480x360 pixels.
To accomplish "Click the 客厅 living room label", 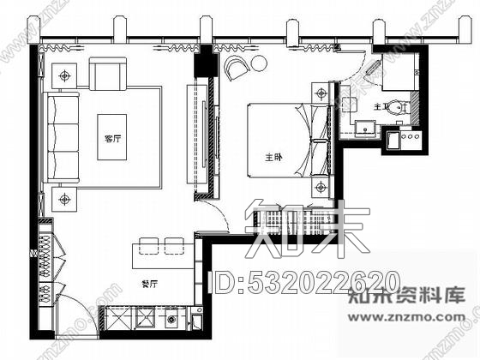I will coord(111,138).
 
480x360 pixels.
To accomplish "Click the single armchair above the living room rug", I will coord(108,75).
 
